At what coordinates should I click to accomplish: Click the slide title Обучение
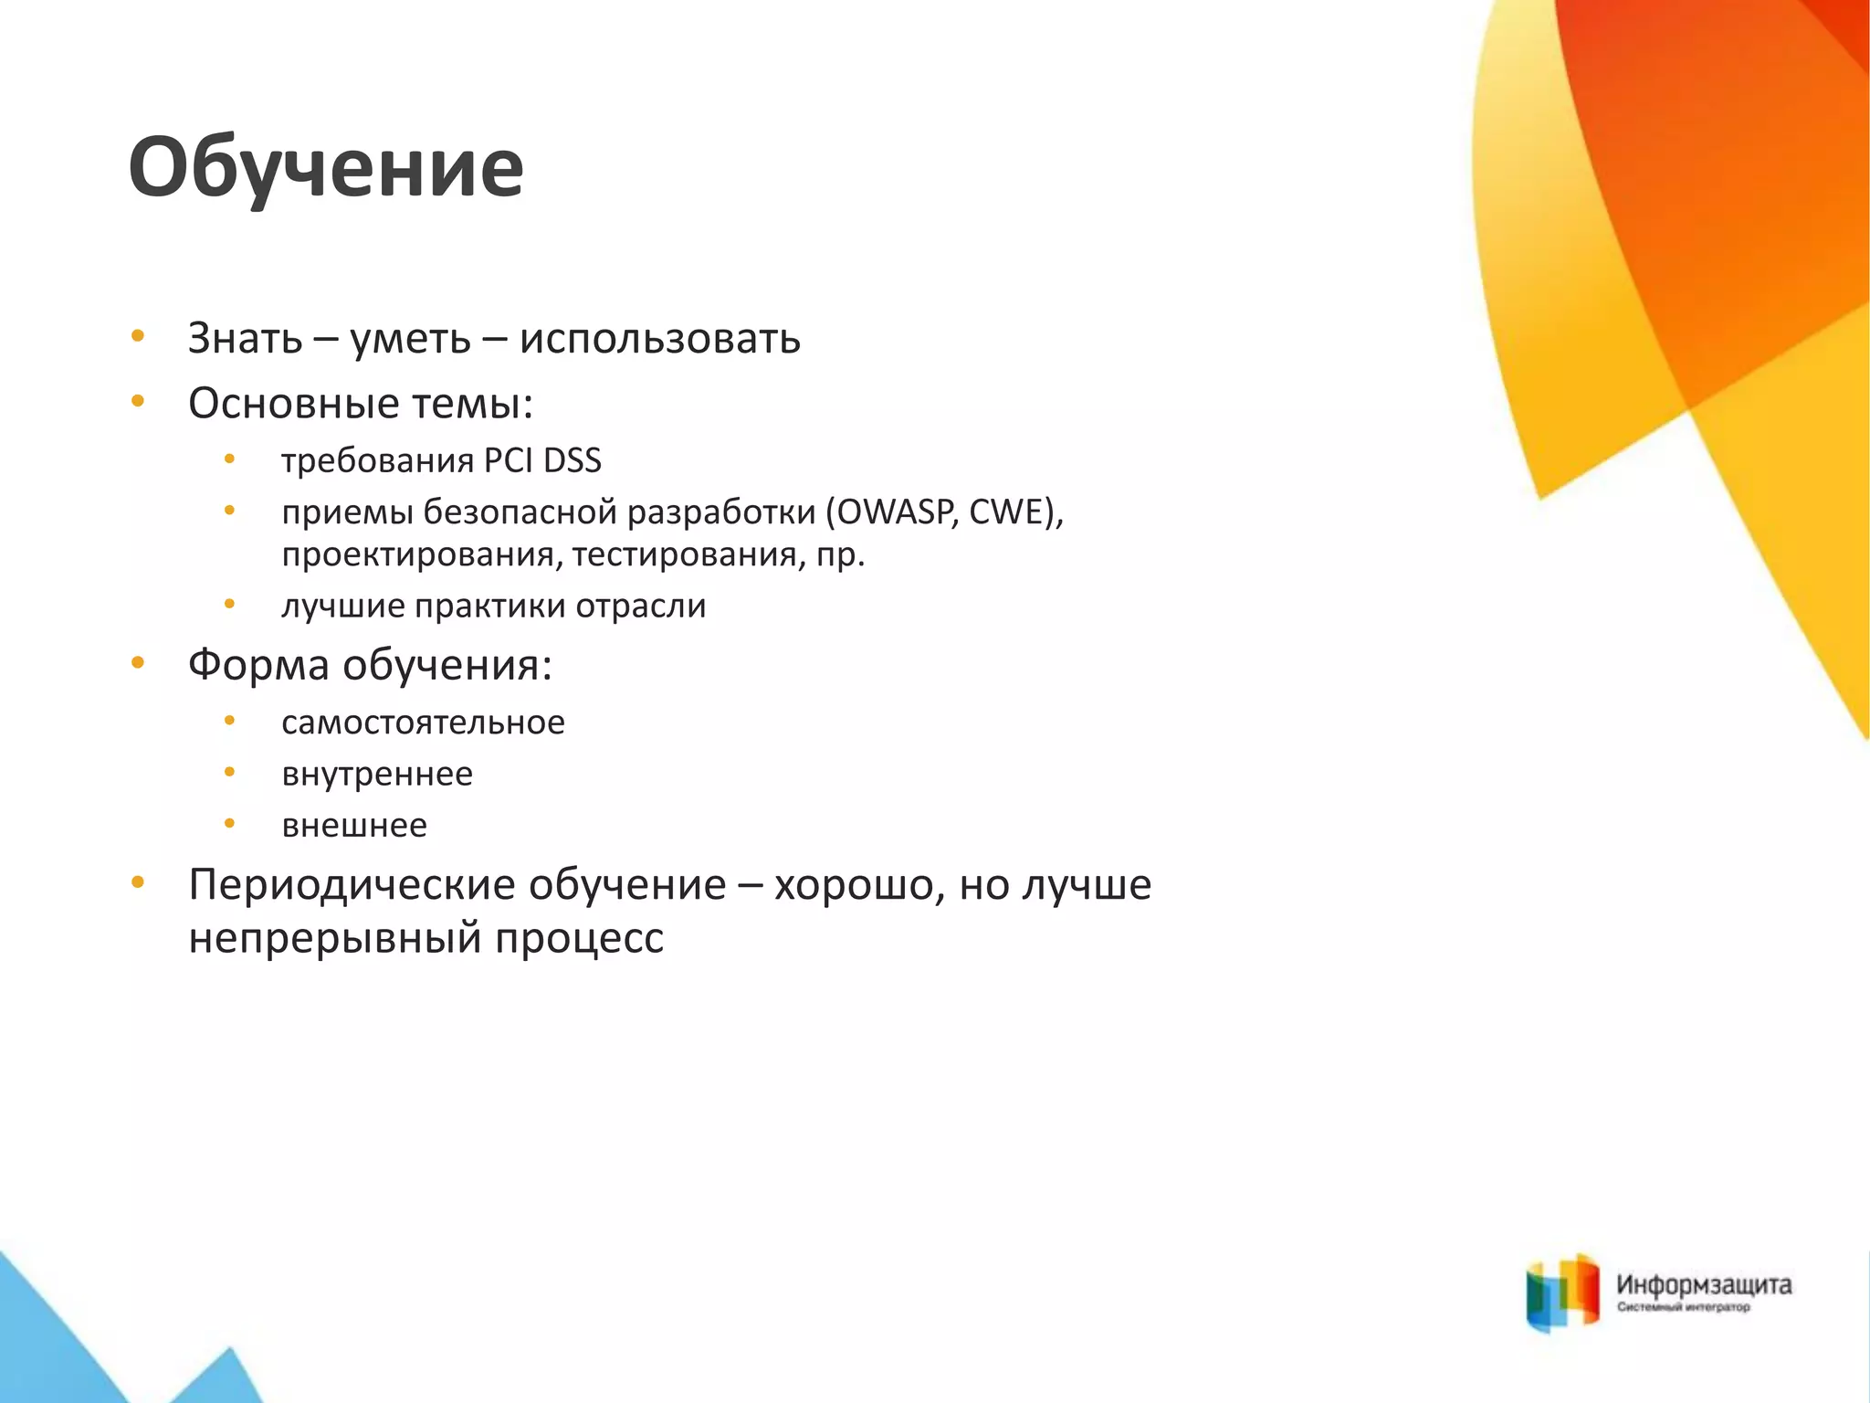(326, 167)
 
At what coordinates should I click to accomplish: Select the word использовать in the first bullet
(659, 339)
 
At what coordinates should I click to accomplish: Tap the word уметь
(410, 339)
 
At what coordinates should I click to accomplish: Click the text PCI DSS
(542, 460)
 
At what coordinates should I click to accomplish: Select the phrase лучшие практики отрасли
(493, 606)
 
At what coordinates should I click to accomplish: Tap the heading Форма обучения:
(370, 664)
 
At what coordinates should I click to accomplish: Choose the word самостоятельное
(423, 723)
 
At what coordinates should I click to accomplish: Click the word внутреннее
(377, 774)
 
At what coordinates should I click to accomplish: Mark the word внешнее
(354, 825)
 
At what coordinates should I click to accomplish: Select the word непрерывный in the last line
(334, 938)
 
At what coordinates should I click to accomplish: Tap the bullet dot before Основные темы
(138, 400)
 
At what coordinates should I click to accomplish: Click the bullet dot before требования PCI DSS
(230, 459)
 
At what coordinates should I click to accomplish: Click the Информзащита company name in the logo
(1704, 1285)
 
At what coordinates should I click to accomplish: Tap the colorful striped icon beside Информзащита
(1562, 1292)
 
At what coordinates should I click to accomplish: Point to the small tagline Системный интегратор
(1683, 1308)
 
